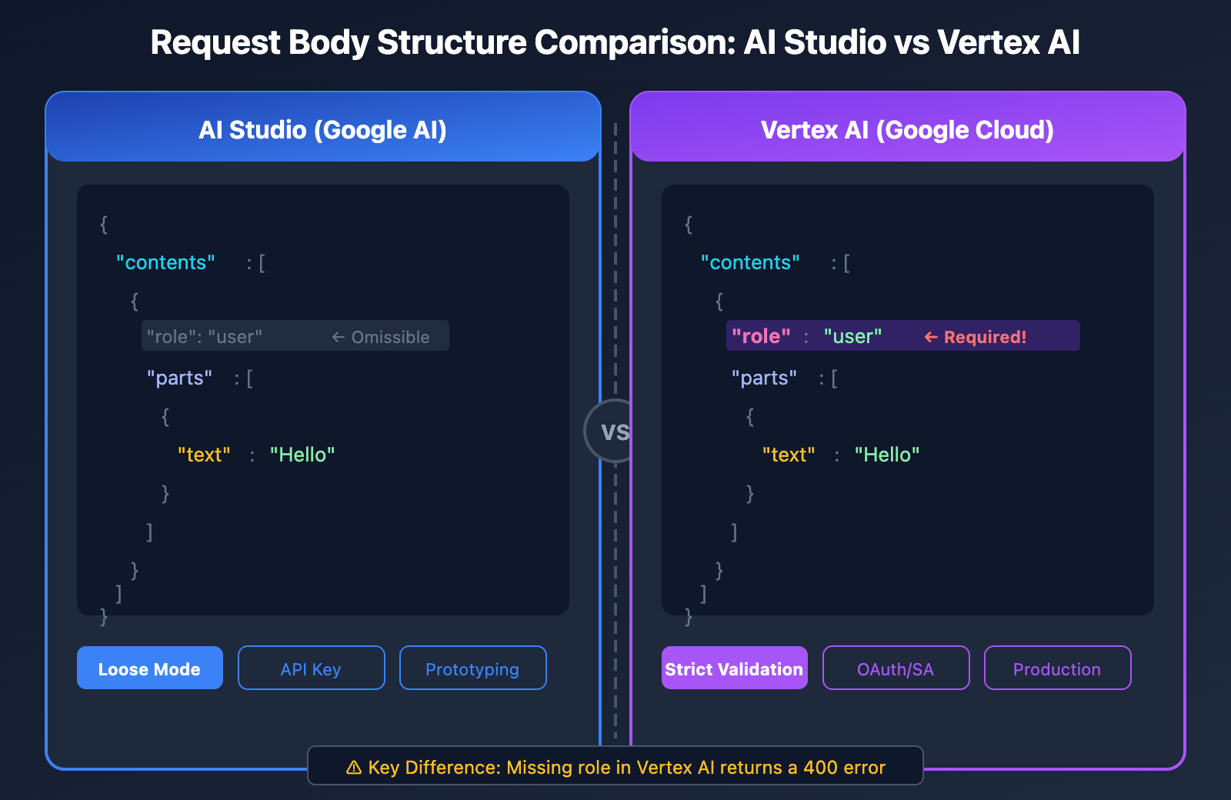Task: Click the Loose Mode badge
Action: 149,668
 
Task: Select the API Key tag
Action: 311,668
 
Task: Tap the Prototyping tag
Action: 472,668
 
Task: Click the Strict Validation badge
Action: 734,668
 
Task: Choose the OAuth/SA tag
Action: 896,668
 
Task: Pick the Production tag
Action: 1057,668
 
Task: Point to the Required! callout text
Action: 985,337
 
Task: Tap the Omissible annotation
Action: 390,337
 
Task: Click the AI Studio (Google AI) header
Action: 323,129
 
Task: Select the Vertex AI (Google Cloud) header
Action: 907,129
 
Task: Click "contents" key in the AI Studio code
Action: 165,262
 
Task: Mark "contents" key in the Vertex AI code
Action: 750,262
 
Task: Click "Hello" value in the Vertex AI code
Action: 887,455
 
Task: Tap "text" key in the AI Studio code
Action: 204,455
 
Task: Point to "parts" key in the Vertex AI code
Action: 764,378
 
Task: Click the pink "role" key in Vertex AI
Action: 761,336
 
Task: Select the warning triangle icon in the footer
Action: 354,767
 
